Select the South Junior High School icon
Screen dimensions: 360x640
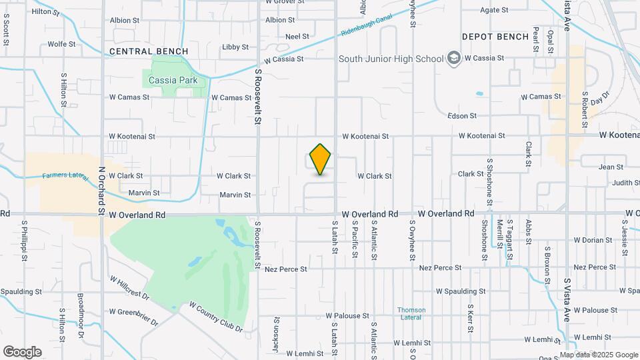(x=454, y=58)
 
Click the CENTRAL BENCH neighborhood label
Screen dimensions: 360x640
(x=149, y=51)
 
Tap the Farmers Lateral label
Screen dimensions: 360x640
(x=65, y=176)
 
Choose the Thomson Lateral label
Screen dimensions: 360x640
(x=411, y=314)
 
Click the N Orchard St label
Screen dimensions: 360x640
(x=103, y=190)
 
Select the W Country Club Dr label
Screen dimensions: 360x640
(x=215, y=317)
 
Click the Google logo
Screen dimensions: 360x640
(x=22, y=352)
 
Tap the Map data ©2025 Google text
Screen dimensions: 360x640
(x=599, y=355)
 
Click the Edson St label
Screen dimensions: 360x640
(x=462, y=115)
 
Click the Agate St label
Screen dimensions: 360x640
(x=494, y=10)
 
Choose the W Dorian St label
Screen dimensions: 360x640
(x=593, y=240)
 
